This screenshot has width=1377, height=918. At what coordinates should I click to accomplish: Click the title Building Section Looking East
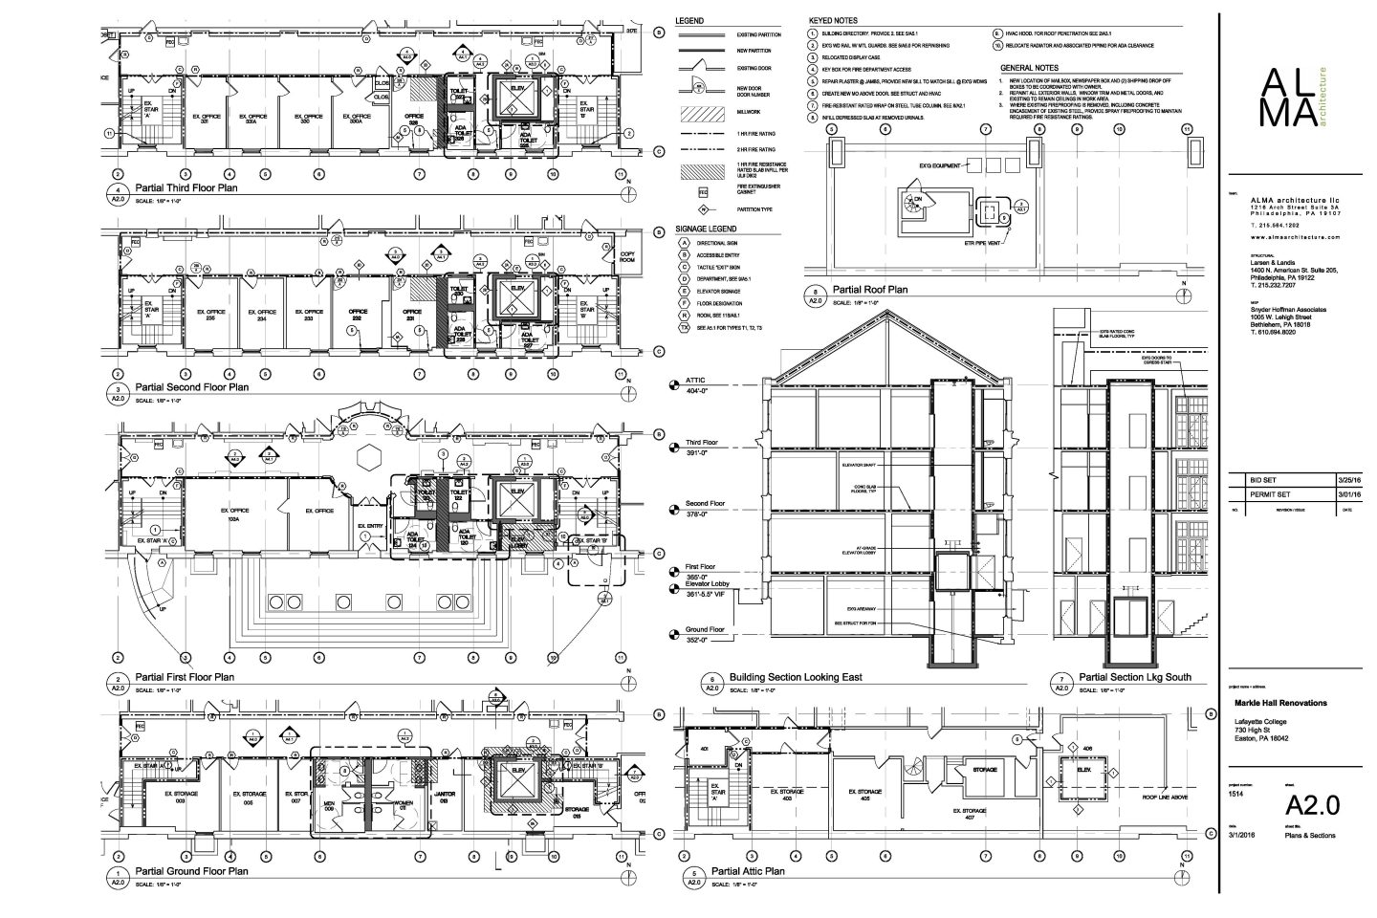(796, 676)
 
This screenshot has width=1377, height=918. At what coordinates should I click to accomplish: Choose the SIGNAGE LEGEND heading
(706, 229)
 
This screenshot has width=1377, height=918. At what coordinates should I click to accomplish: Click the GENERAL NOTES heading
(1029, 68)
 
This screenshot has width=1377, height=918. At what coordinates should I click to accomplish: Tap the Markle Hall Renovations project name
(1280, 703)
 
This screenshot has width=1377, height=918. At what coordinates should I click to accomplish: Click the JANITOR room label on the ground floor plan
(446, 795)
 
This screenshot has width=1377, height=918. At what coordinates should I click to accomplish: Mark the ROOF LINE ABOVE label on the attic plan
(1166, 797)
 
